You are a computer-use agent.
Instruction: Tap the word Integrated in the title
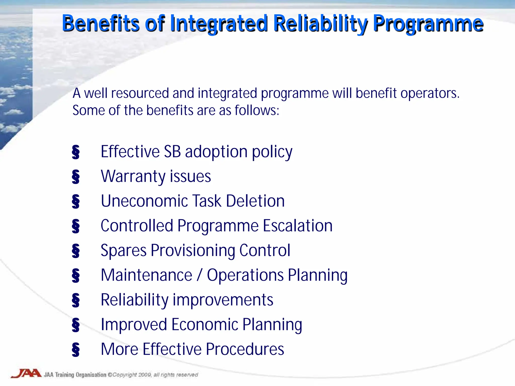pyautogui.click(x=219, y=24)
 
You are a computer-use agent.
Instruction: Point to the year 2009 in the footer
pyautogui.click(x=145, y=375)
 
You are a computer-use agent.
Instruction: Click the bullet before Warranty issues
pyautogui.click(x=75, y=177)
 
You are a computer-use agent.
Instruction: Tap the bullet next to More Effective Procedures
pyautogui.click(x=75, y=350)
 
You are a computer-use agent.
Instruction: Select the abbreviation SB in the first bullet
pyautogui.click(x=172, y=152)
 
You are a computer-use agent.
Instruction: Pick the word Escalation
pyautogui.click(x=297, y=226)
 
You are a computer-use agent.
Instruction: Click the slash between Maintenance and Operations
pyautogui.click(x=199, y=275)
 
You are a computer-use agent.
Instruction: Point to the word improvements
pyautogui.click(x=223, y=300)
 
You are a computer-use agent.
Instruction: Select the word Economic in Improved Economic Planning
pyautogui.click(x=205, y=324)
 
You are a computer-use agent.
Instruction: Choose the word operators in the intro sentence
pyautogui.click(x=430, y=93)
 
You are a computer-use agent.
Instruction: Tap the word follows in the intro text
pyautogui.click(x=256, y=110)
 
